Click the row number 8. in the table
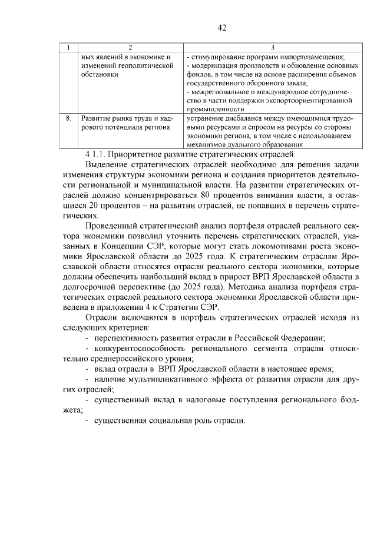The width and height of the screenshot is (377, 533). coord(70,118)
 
